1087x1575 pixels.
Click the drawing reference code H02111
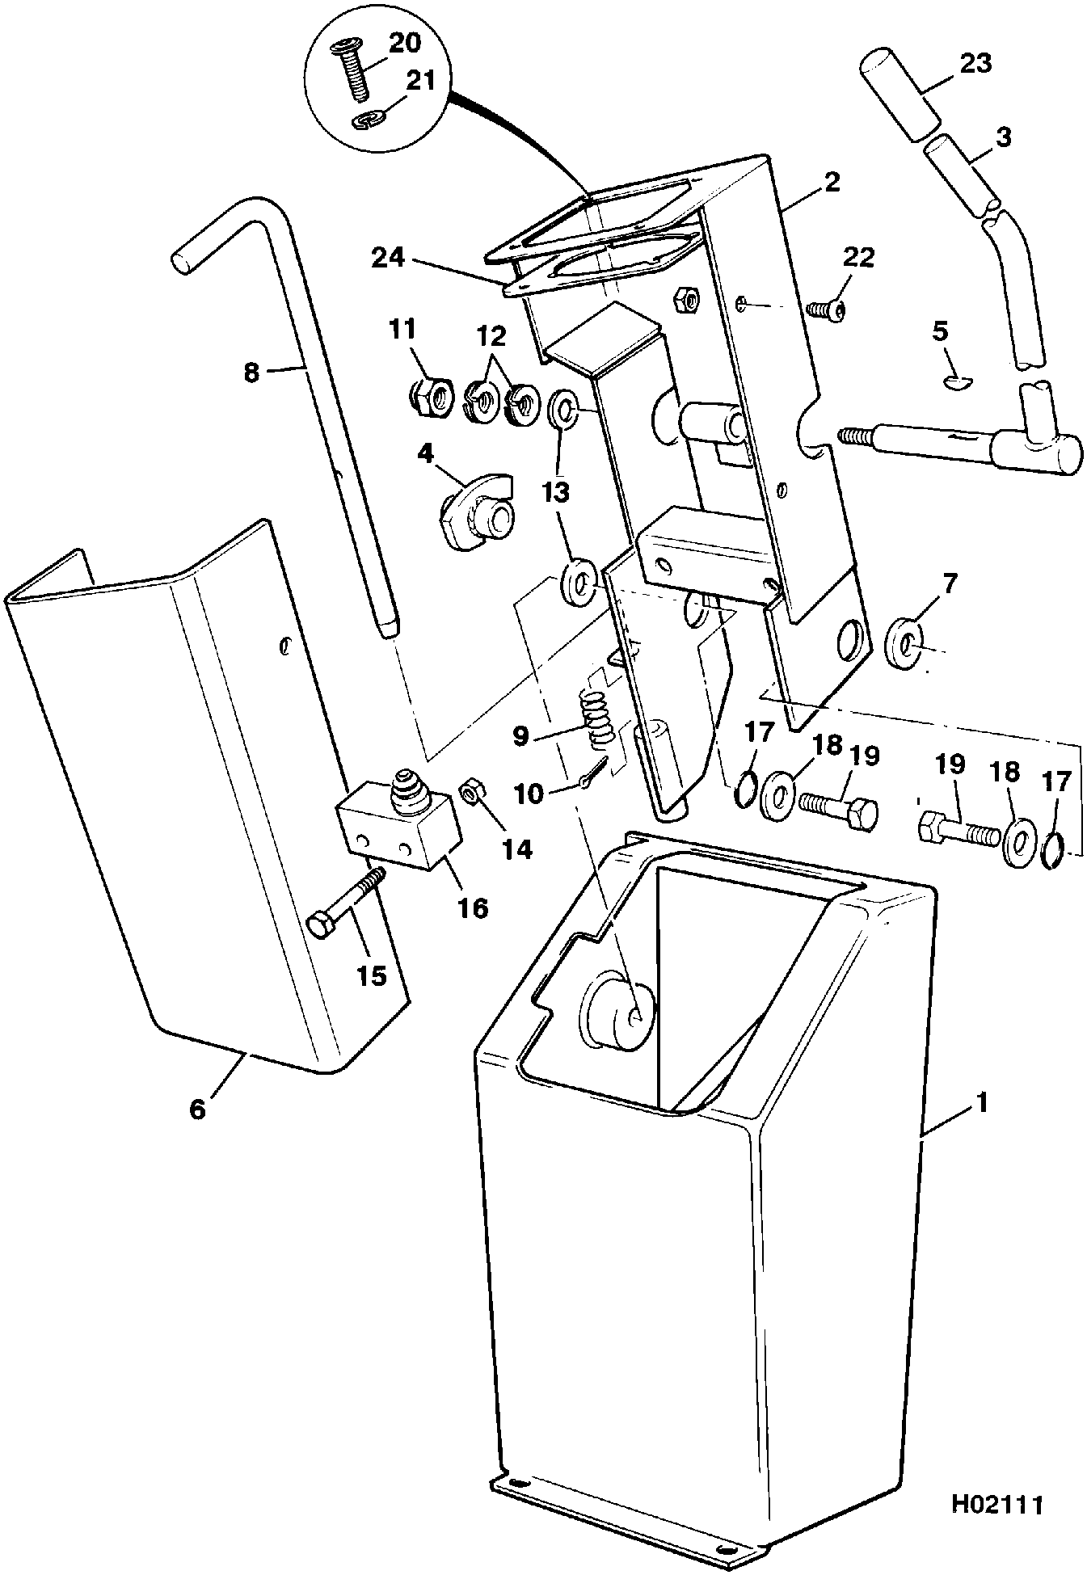tap(997, 1504)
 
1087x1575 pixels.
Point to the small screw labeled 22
tap(828, 308)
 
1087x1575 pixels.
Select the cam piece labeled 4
tap(477, 511)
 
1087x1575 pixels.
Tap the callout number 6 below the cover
tap(198, 1109)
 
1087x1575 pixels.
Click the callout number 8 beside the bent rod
tap(252, 373)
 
